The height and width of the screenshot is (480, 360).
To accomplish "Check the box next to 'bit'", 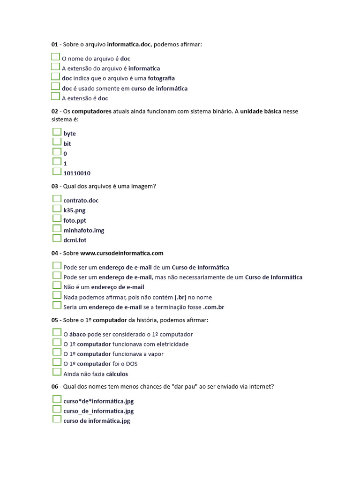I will tap(57, 142).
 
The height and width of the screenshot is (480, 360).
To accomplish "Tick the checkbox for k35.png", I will tap(57, 209).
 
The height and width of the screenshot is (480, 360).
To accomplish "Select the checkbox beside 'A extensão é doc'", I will tap(55, 97).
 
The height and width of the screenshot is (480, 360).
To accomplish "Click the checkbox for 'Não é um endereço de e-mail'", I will tap(57, 285).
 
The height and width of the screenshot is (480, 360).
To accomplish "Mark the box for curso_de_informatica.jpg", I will tap(57, 409).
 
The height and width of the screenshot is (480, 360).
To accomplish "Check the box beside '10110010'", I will tap(57, 172).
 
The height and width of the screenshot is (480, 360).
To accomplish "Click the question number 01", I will tap(54, 45).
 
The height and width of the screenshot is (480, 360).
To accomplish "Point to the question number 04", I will tap(54, 253).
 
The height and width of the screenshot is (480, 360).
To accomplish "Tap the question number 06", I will tap(54, 387).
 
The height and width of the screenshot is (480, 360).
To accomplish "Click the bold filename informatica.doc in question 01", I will tap(129, 45).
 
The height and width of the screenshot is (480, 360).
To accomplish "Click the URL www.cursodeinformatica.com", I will tap(122, 253).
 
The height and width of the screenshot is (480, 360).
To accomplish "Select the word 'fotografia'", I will tap(161, 78).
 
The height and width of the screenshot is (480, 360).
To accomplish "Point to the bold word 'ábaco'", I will tap(77, 334).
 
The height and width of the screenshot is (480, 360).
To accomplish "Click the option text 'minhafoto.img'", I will tap(84, 230).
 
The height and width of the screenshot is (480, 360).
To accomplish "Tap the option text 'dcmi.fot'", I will tap(75, 240).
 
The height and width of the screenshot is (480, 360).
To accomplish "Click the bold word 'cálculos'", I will tap(117, 374).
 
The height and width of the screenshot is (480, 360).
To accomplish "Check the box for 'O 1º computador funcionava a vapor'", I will tap(57, 352).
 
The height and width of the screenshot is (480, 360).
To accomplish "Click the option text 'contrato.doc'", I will tap(81, 201).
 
